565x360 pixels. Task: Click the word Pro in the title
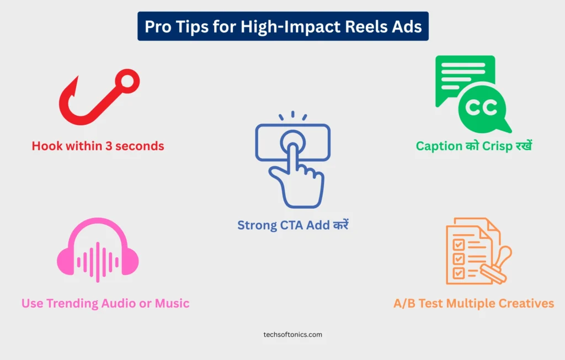click(158, 27)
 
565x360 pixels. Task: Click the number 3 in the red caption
click(108, 146)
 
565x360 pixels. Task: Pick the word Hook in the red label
click(47, 146)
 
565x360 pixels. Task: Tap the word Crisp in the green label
click(497, 146)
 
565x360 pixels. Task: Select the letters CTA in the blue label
click(291, 225)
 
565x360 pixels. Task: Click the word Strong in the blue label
click(257, 225)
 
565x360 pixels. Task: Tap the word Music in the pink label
click(172, 303)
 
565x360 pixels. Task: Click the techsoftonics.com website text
click(292, 335)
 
